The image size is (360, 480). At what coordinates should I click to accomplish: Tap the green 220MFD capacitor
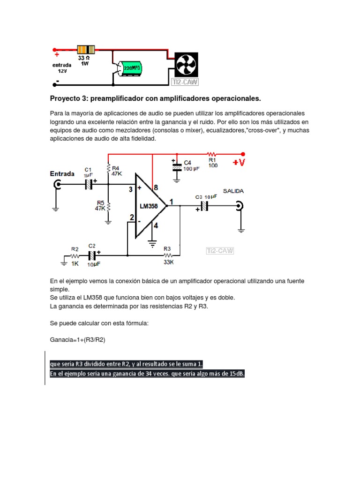[x=132, y=67]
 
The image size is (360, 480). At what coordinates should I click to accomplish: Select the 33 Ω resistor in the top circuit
[x=85, y=50]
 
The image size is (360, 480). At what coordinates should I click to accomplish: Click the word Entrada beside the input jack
[x=62, y=173]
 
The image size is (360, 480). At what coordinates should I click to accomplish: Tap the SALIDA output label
[x=233, y=191]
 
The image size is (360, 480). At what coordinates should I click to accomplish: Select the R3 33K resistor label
[x=169, y=259]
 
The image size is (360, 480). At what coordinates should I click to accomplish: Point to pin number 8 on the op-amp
[x=156, y=187]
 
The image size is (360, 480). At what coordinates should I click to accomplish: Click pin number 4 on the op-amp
[x=156, y=225]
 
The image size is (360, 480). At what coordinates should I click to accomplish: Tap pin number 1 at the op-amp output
[x=172, y=202]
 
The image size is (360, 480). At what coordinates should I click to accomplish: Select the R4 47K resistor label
[x=116, y=171]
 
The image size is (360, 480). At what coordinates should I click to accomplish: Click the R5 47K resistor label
[x=100, y=206]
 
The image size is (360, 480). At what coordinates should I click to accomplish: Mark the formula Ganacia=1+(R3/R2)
[x=78, y=340]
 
